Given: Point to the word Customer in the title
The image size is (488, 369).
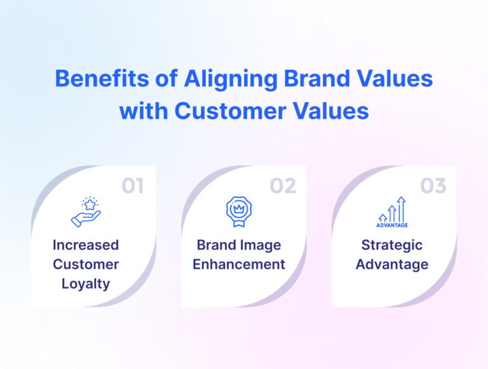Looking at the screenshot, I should tap(224, 111).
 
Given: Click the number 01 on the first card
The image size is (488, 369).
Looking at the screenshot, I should tap(133, 185).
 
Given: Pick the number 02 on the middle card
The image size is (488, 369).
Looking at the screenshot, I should tap(283, 185).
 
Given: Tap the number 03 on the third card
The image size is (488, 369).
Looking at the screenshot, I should tap(433, 185).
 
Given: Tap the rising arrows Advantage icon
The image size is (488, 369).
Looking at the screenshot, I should tap(392, 212).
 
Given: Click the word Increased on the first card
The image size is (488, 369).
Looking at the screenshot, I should tap(85, 245).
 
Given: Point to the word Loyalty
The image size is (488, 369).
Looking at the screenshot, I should tap(85, 283).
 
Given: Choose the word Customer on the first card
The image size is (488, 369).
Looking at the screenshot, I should tap(85, 264).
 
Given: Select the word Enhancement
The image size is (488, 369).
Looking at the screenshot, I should tap(239, 264).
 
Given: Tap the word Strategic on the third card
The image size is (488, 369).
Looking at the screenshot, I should tap(391, 245).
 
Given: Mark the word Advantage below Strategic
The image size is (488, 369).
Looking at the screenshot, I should tap(391, 264).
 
